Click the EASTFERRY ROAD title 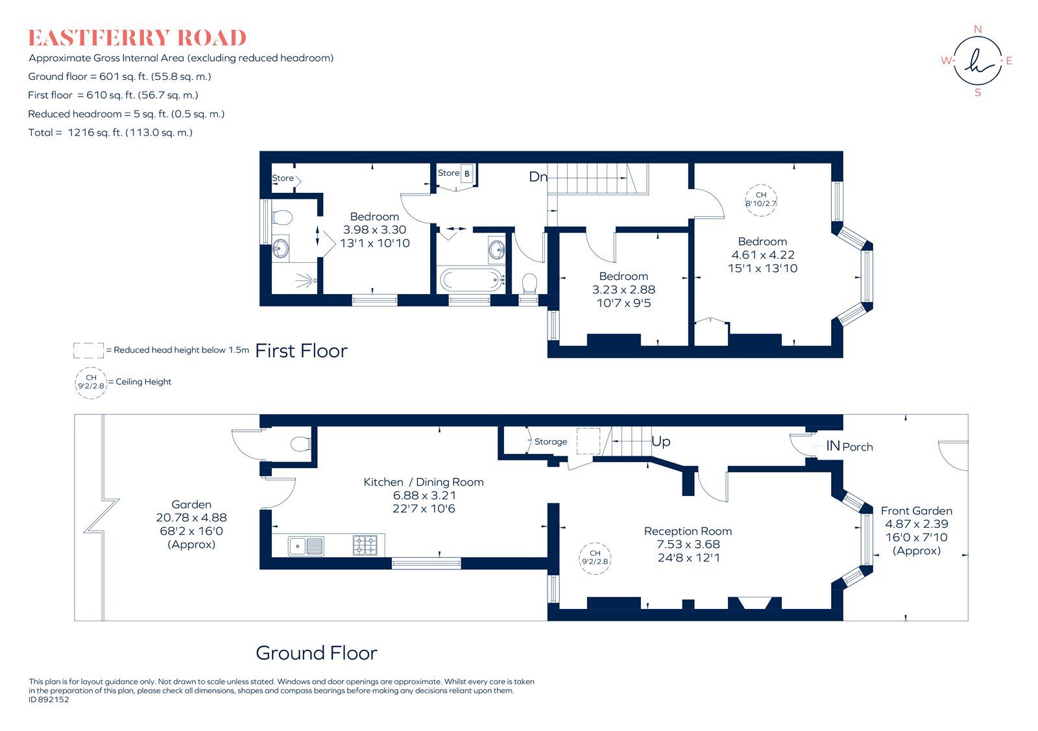point(137,38)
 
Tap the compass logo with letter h point(978,62)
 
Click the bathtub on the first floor point(472,280)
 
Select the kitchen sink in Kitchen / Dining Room point(306,545)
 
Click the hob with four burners point(365,545)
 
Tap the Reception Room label point(688,531)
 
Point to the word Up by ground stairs point(660,441)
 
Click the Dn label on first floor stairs point(538,177)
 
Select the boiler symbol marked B point(466,173)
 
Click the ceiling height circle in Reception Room point(595,558)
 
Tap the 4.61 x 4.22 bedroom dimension point(762,255)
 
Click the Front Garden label point(916,511)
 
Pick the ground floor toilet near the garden point(300,444)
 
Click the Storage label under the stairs point(550,441)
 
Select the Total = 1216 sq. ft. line point(110,132)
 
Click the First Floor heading point(302,351)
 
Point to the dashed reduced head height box point(88,351)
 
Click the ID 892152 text point(49,700)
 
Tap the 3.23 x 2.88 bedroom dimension point(623,290)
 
